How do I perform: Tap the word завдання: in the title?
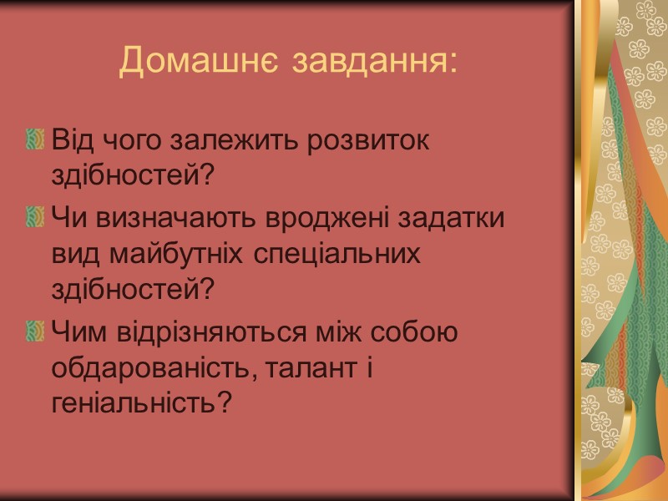coord(376,61)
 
